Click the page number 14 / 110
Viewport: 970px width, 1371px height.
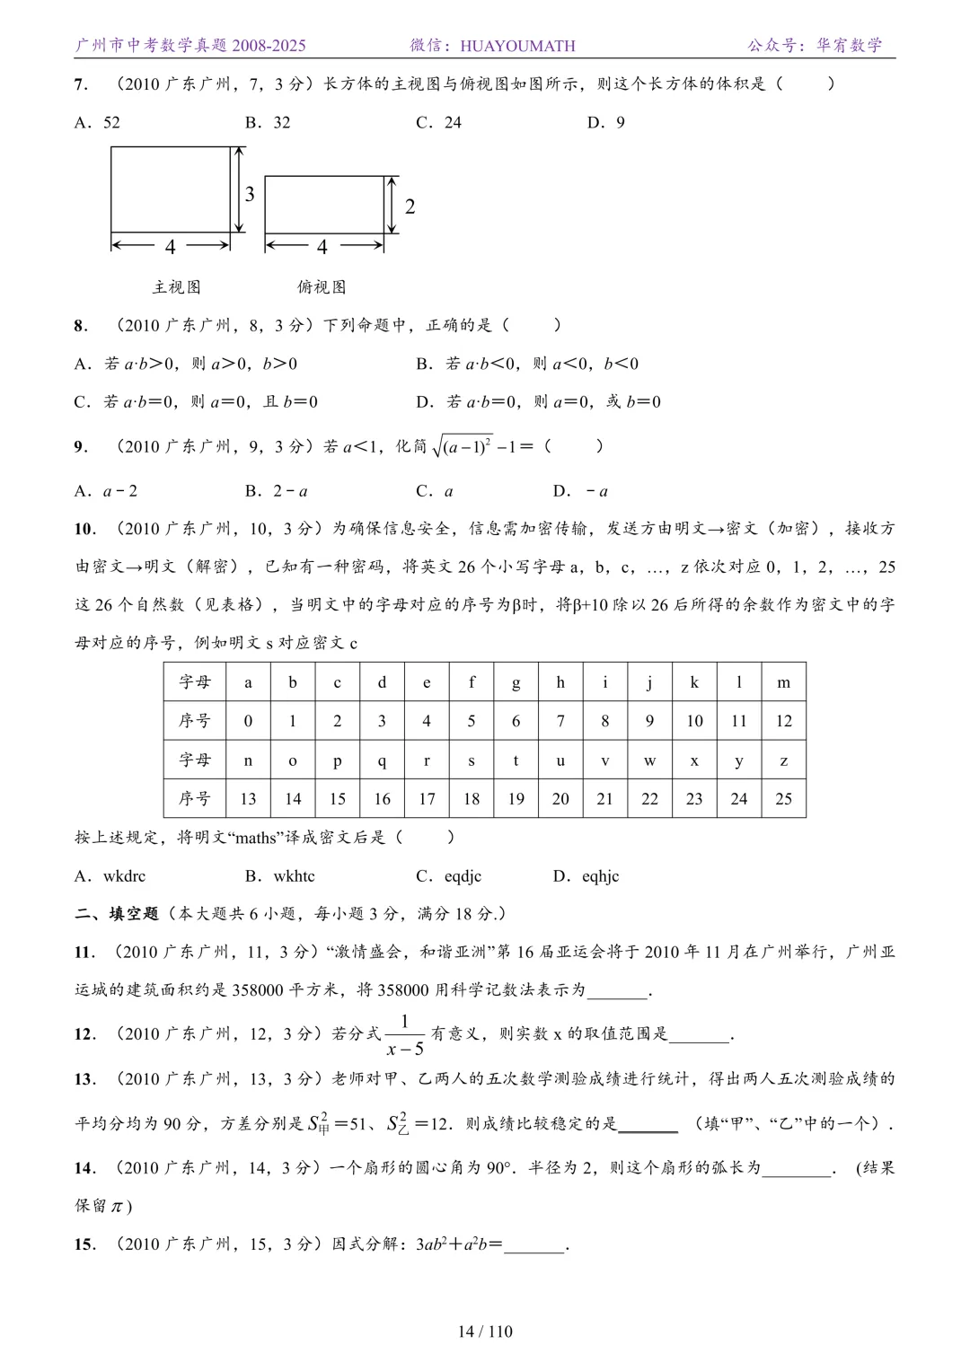point(485,1331)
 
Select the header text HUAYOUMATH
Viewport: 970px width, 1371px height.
point(517,46)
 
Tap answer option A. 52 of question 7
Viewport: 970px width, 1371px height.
point(97,123)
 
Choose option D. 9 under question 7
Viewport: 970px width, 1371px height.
point(606,123)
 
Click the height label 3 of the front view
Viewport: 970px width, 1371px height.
point(250,194)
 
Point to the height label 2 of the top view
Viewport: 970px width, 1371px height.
point(410,207)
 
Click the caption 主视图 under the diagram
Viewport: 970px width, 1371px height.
point(176,287)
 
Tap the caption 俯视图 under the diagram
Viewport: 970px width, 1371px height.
point(322,287)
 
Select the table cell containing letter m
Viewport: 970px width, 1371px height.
point(783,682)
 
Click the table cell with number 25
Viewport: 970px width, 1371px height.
point(783,799)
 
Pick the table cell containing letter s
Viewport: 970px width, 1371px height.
point(472,760)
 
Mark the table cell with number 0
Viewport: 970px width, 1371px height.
point(248,721)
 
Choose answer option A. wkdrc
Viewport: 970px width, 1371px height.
point(110,876)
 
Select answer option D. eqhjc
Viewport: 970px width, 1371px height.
point(586,876)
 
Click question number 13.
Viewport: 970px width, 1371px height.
point(84,1079)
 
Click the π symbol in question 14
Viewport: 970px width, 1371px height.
point(118,1207)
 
